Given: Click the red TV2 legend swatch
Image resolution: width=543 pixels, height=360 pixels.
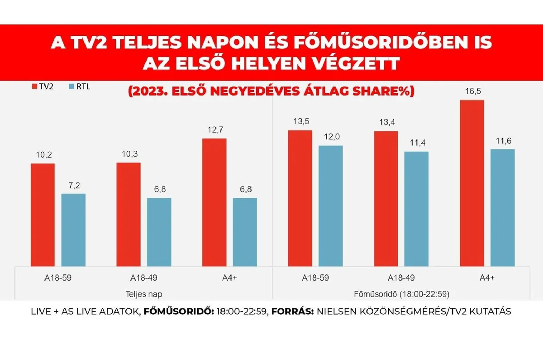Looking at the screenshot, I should pos(34,86).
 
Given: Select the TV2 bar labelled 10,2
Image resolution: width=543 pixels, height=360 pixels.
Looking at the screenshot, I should pos(43,215).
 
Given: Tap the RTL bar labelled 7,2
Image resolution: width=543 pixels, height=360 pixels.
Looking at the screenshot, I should pos(73,230).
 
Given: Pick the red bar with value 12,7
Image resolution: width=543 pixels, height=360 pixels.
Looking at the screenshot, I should pos(214,202).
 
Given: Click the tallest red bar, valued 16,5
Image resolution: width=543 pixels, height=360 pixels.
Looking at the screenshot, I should pos(472,183).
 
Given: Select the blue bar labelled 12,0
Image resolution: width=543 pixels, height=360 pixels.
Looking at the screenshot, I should pos(331,206).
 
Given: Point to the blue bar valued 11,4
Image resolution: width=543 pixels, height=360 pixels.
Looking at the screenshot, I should pos(416,209).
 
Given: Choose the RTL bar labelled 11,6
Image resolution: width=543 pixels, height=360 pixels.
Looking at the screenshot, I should pos(502,207).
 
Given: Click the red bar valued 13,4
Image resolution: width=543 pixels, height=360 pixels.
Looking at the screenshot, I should pos(386,199).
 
